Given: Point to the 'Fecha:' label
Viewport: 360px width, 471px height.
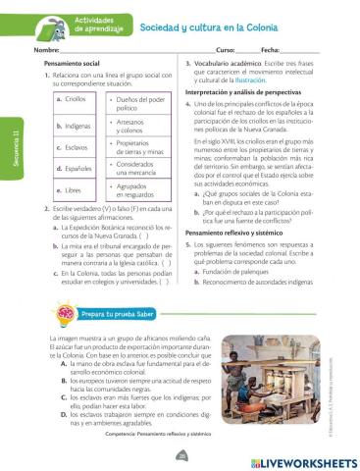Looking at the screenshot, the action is pos(274,49).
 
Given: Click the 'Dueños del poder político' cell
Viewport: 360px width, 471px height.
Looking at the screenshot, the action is pos(139,103).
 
